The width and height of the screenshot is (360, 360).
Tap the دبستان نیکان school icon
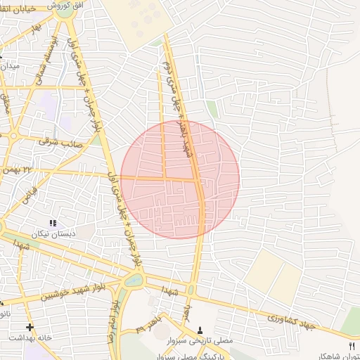[x=53, y=222]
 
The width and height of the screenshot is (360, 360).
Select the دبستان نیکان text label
[x=53, y=233]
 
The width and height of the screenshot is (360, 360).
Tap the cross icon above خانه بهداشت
[x=30, y=327]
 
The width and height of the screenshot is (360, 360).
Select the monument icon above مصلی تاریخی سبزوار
[x=200, y=330]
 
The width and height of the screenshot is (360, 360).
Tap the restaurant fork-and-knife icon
[x=352, y=346]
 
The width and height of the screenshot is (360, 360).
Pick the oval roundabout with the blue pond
[x=132, y=281]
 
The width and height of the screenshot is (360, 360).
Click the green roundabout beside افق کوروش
[x=65, y=10]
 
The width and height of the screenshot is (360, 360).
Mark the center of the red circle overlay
[x=180, y=179]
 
